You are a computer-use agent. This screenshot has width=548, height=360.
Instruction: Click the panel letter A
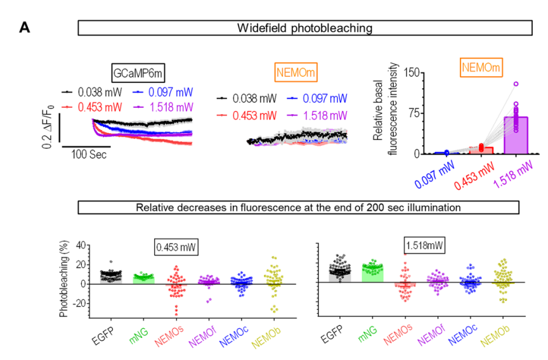[25, 27]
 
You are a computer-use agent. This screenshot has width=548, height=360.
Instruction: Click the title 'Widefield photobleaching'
[304, 29]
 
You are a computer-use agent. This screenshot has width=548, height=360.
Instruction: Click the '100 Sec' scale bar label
[86, 153]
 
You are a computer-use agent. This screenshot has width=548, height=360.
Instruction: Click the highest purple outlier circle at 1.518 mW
[516, 84]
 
